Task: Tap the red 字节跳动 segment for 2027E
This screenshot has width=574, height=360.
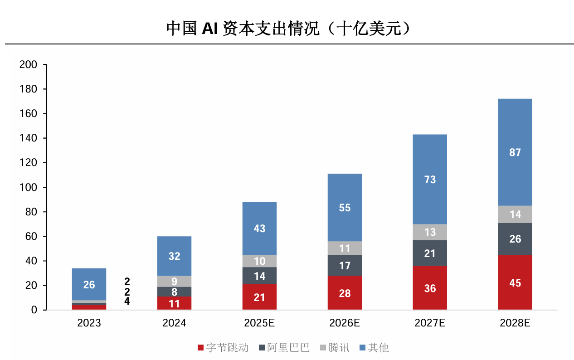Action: click(x=430, y=288)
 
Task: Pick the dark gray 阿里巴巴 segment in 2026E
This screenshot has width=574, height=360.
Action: click(x=345, y=265)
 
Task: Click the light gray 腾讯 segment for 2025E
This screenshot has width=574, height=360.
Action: click(x=259, y=261)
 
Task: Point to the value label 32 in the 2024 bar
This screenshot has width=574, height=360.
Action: click(x=174, y=256)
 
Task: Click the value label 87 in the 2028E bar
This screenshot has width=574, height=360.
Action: click(x=515, y=152)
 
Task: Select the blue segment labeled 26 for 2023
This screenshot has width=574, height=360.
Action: click(x=89, y=284)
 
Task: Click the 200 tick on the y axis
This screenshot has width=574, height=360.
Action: click(x=28, y=65)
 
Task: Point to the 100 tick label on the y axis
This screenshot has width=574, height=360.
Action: click(x=28, y=187)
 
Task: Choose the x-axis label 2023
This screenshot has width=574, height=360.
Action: click(x=89, y=323)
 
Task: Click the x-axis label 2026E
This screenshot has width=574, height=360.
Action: click(x=345, y=323)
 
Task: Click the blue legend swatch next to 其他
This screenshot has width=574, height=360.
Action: click(x=362, y=348)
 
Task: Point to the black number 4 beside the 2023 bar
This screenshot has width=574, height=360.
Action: click(x=127, y=302)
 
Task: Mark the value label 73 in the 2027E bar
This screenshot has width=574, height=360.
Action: click(x=430, y=180)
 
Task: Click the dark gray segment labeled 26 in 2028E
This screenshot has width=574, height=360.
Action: click(x=515, y=239)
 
